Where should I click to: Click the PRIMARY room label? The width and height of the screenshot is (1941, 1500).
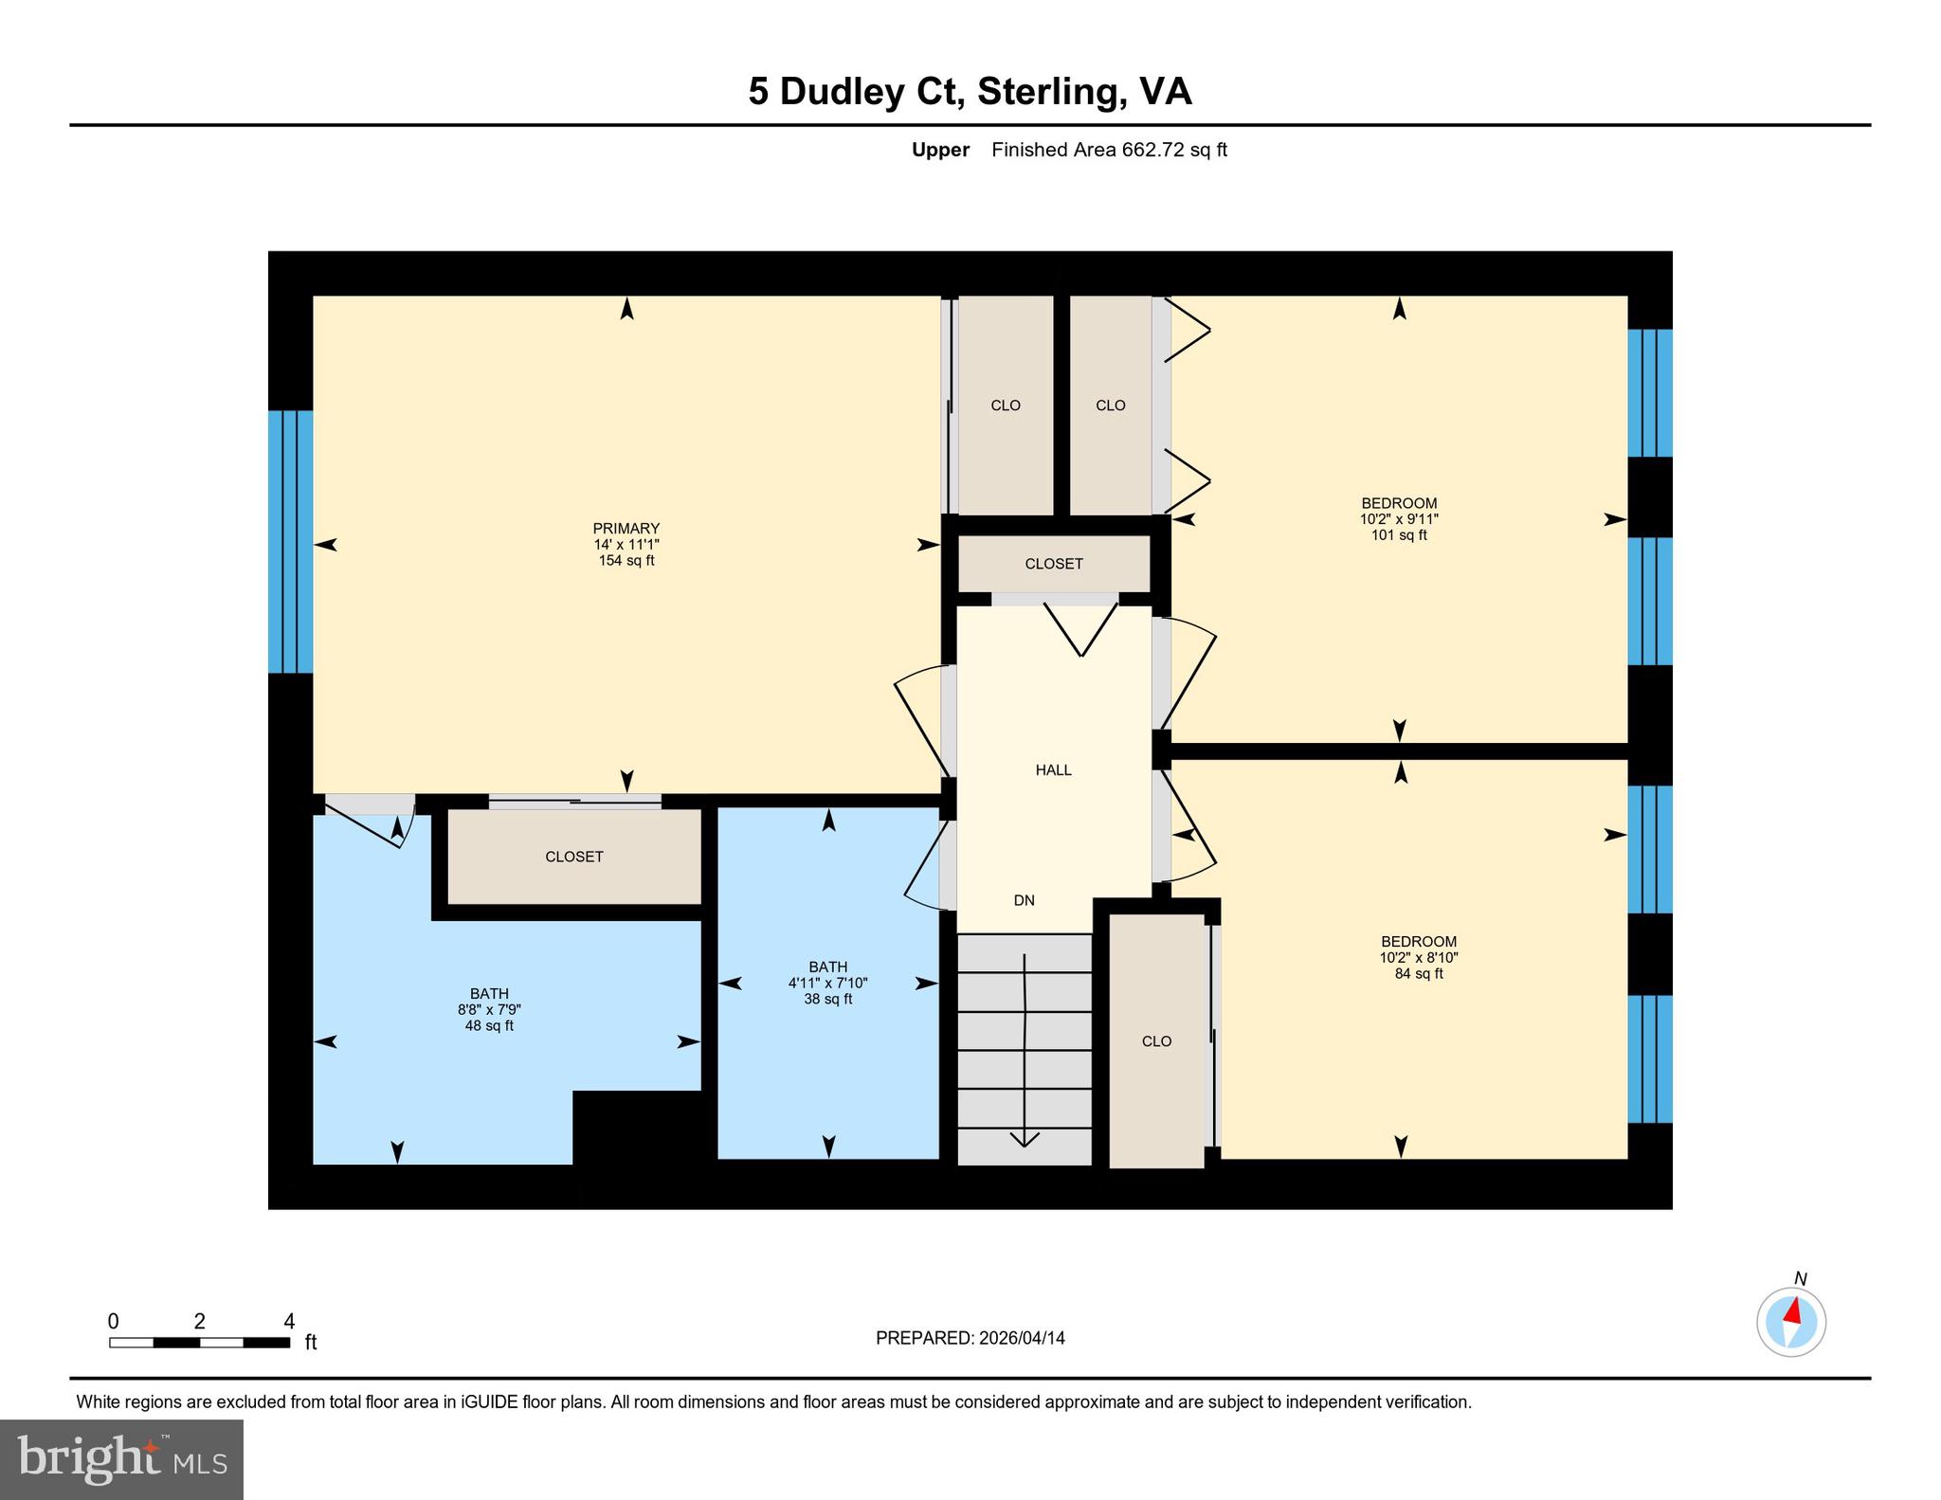tap(626, 529)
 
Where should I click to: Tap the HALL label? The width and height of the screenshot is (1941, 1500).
tap(1053, 770)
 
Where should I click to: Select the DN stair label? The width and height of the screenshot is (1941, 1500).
tap(1024, 900)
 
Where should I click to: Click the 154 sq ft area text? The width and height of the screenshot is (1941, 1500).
tap(626, 561)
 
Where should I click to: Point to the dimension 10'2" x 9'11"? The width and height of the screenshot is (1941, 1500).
tap(1399, 519)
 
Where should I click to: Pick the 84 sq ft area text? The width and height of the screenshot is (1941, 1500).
tap(1418, 973)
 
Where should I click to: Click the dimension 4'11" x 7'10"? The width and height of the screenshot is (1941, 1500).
tap(827, 984)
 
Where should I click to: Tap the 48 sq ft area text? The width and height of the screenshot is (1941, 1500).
tap(489, 1025)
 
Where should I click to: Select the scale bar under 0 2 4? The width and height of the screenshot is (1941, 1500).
tap(199, 1342)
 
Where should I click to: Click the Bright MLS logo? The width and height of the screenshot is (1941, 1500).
tap(121, 1459)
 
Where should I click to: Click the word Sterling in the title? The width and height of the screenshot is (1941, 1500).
tap(1051, 92)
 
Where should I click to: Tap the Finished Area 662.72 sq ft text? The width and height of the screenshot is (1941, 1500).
tap(1109, 150)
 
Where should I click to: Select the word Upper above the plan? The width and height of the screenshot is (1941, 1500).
tap(940, 150)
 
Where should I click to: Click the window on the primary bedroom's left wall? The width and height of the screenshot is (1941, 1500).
tap(290, 541)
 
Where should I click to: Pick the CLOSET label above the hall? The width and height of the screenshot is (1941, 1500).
tap(1053, 564)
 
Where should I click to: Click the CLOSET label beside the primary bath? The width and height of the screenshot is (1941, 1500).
tap(573, 857)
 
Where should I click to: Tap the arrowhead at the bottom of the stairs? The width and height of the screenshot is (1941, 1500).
tap(1025, 1139)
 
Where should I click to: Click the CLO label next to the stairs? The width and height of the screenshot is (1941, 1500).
tap(1156, 1041)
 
